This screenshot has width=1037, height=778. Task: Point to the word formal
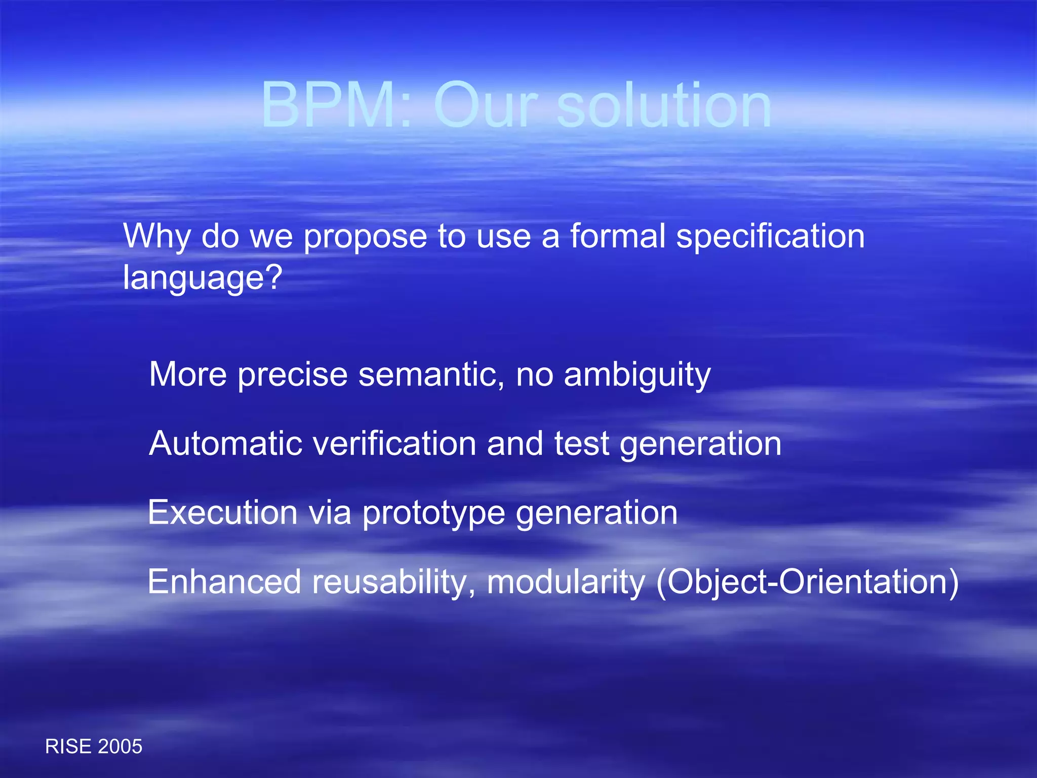[618, 236]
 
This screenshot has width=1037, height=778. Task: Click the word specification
[770, 237]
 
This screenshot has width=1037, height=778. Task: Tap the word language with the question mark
[202, 279]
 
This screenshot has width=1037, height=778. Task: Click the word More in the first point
[188, 374]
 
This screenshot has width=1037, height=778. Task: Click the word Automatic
[225, 444]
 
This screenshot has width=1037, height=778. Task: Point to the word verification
[394, 444]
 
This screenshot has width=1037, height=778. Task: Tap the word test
[581, 444]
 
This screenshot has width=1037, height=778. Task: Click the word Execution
[222, 512]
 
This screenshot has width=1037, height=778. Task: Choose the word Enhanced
[224, 581]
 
